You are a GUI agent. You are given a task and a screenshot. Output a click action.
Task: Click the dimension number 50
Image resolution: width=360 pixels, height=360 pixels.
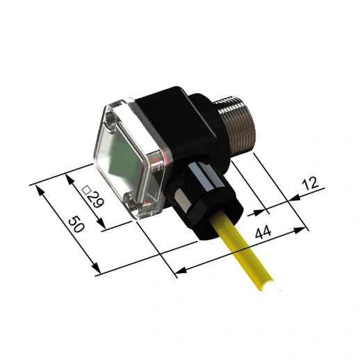76,224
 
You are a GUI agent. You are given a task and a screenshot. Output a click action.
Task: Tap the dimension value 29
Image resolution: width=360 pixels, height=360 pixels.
96,200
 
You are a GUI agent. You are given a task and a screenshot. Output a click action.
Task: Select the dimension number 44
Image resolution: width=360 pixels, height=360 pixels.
263,232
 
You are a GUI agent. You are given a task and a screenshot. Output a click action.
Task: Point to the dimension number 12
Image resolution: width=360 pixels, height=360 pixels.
311,183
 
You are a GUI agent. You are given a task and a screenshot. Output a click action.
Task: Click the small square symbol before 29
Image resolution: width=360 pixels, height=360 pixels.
86,190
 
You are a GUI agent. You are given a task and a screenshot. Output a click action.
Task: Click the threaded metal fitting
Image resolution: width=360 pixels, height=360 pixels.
236,125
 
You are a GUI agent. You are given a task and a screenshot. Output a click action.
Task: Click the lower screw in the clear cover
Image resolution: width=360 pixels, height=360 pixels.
131,203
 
